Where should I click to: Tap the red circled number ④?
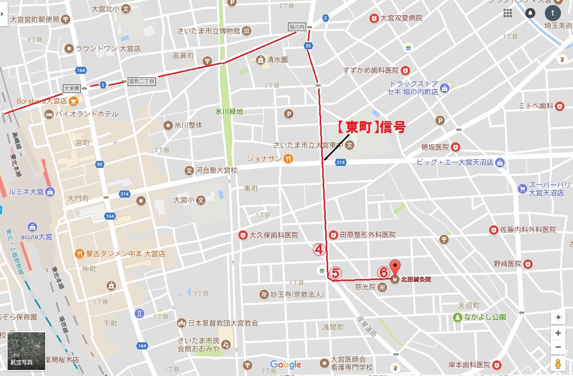click(x=320, y=249)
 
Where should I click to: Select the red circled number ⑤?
click(x=335, y=272)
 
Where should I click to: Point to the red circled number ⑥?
click(x=383, y=272)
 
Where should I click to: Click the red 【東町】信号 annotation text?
click(x=370, y=127)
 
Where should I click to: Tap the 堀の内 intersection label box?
click(x=297, y=27)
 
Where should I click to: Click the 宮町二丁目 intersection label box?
click(x=142, y=81)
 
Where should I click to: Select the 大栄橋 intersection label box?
click(x=71, y=88)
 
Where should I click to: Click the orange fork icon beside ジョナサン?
click(x=288, y=158)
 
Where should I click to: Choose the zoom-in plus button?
click(x=558, y=333)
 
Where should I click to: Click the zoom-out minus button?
click(x=558, y=347)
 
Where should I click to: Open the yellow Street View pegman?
click(x=558, y=364)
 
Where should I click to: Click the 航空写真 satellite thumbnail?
click(x=26, y=350)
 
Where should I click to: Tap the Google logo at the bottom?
click(x=285, y=364)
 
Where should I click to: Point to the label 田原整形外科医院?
click(x=367, y=235)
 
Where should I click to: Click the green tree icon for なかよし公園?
click(x=457, y=317)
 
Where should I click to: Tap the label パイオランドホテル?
click(x=88, y=114)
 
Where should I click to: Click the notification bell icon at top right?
click(x=530, y=13)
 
